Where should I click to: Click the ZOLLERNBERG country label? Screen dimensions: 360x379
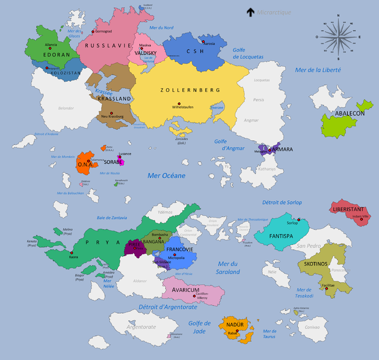tap(190, 90)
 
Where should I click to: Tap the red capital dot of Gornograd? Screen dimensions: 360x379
tap(93, 31)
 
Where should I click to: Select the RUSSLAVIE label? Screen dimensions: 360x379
tap(103, 45)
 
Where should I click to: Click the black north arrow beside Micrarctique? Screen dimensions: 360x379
tap(250, 11)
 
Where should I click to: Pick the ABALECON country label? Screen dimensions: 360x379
tap(350, 113)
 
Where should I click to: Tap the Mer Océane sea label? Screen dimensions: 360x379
tap(166, 175)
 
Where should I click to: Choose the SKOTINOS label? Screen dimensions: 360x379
tap(315, 264)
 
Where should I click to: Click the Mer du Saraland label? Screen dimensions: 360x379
tap(229, 268)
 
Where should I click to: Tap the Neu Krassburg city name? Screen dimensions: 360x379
tap(112, 116)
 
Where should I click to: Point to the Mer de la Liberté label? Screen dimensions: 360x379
tap(318, 70)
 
